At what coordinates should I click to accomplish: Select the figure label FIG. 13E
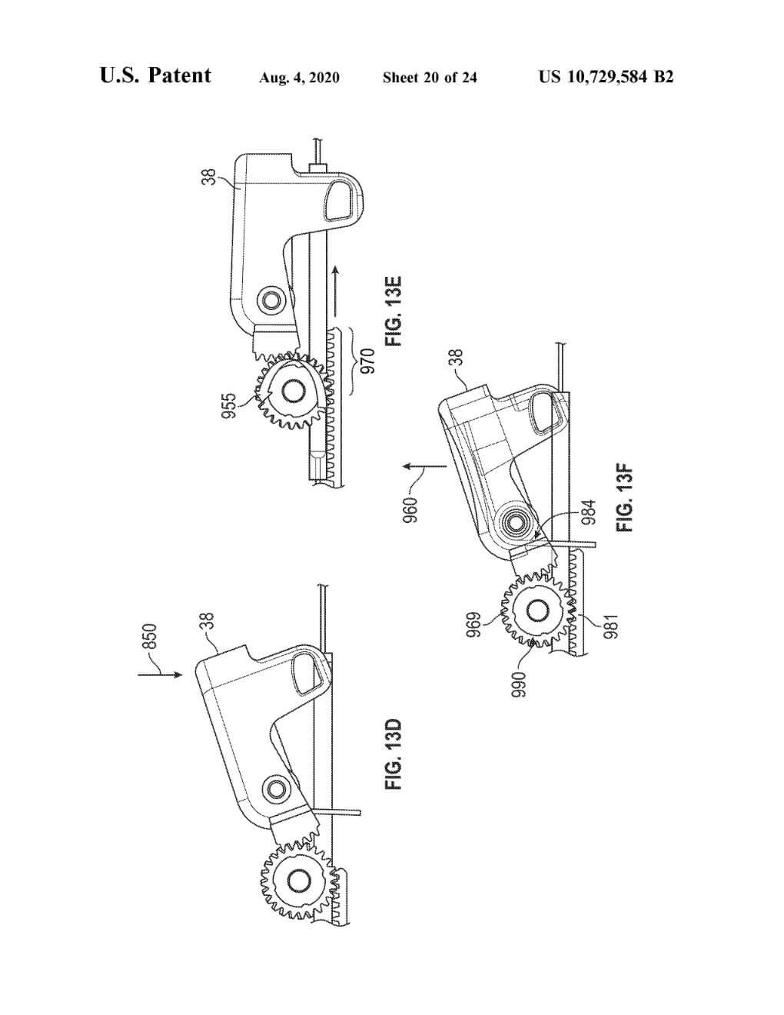(x=394, y=311)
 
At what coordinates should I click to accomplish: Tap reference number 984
(x=589, y=512)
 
